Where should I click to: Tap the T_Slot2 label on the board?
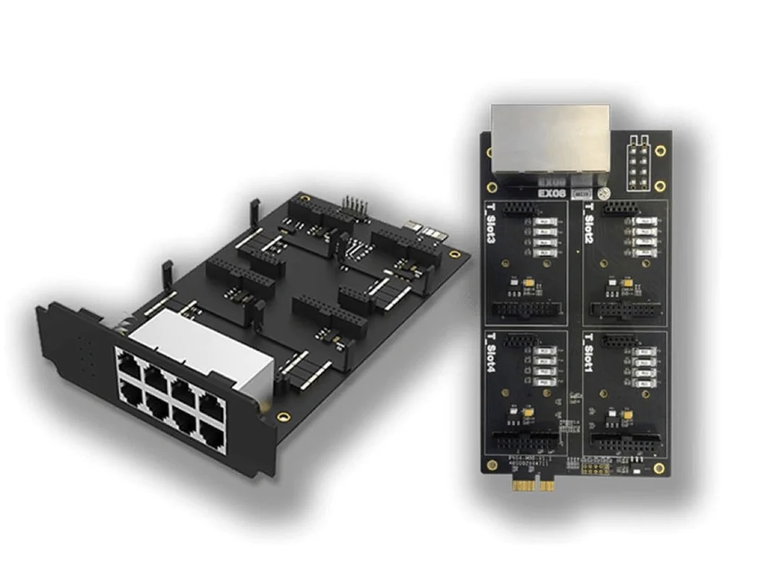tap(589, 226)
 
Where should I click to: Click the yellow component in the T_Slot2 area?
tap(627, 282)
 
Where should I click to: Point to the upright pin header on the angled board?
tap(352, 205)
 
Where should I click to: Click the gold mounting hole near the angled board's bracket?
tap(282, 416)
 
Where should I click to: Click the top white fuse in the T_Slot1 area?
tap(642, 351)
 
